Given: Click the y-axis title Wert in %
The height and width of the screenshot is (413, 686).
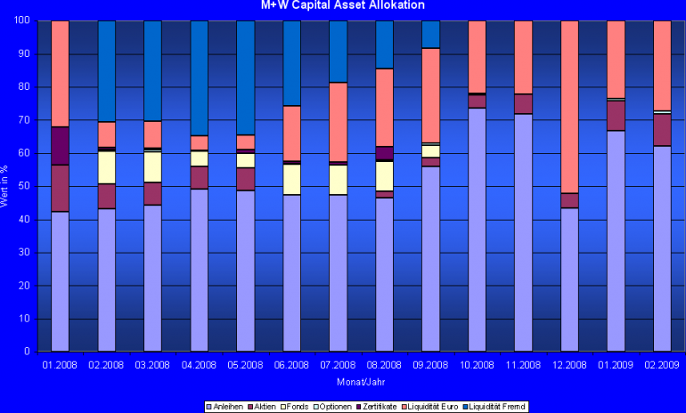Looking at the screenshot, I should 7,186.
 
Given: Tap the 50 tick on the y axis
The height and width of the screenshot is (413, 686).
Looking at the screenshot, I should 25,186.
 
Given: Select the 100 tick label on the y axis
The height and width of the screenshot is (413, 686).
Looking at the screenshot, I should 22,20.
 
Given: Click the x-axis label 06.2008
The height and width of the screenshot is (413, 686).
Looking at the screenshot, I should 291,365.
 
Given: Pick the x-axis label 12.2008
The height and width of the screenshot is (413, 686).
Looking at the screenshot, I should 569,365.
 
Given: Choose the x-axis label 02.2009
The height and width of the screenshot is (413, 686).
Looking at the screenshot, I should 662,365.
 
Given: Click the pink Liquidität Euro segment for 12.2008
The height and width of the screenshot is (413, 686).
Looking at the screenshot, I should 569,107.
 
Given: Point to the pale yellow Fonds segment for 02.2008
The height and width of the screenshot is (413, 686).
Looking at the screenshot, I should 106,167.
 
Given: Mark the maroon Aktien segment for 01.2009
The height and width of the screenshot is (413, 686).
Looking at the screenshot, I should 616,116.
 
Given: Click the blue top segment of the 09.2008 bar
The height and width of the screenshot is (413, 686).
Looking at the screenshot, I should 430,35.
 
